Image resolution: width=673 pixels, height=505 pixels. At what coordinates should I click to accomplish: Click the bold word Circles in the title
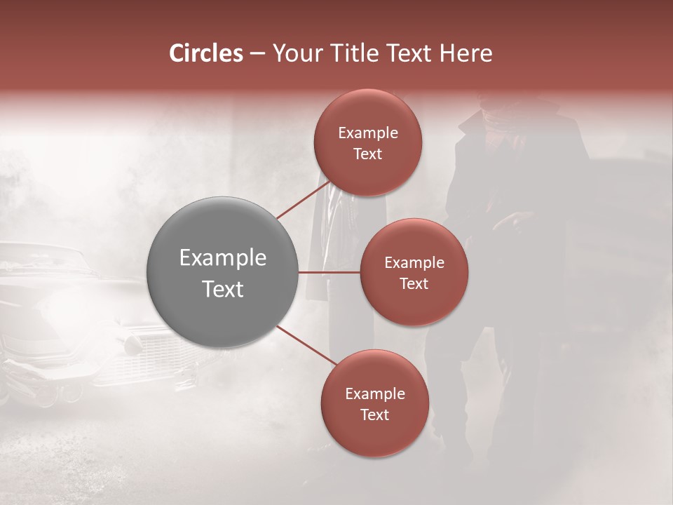point(205,53)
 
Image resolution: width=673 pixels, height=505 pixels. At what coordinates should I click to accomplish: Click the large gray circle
point(223,272)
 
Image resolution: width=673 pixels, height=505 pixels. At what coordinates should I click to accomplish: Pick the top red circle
point(367,142)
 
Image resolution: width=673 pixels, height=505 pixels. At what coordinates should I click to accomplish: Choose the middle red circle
point(414,272)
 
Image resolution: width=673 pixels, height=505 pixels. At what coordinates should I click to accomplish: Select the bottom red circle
point(374,403)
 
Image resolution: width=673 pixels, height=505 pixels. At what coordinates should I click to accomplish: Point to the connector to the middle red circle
point(329,272)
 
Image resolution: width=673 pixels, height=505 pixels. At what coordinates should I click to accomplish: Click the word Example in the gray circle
point(223,258)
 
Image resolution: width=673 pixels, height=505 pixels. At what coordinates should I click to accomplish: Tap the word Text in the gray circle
point(223,289)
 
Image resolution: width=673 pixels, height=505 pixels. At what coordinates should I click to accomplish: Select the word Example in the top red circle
point(367,133)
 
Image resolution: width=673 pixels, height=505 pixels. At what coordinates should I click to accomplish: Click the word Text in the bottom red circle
point(374,415)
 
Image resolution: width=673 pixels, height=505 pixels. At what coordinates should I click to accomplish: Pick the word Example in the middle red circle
point(414,263)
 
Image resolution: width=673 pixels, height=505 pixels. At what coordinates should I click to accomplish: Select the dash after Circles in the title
point(257,54)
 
